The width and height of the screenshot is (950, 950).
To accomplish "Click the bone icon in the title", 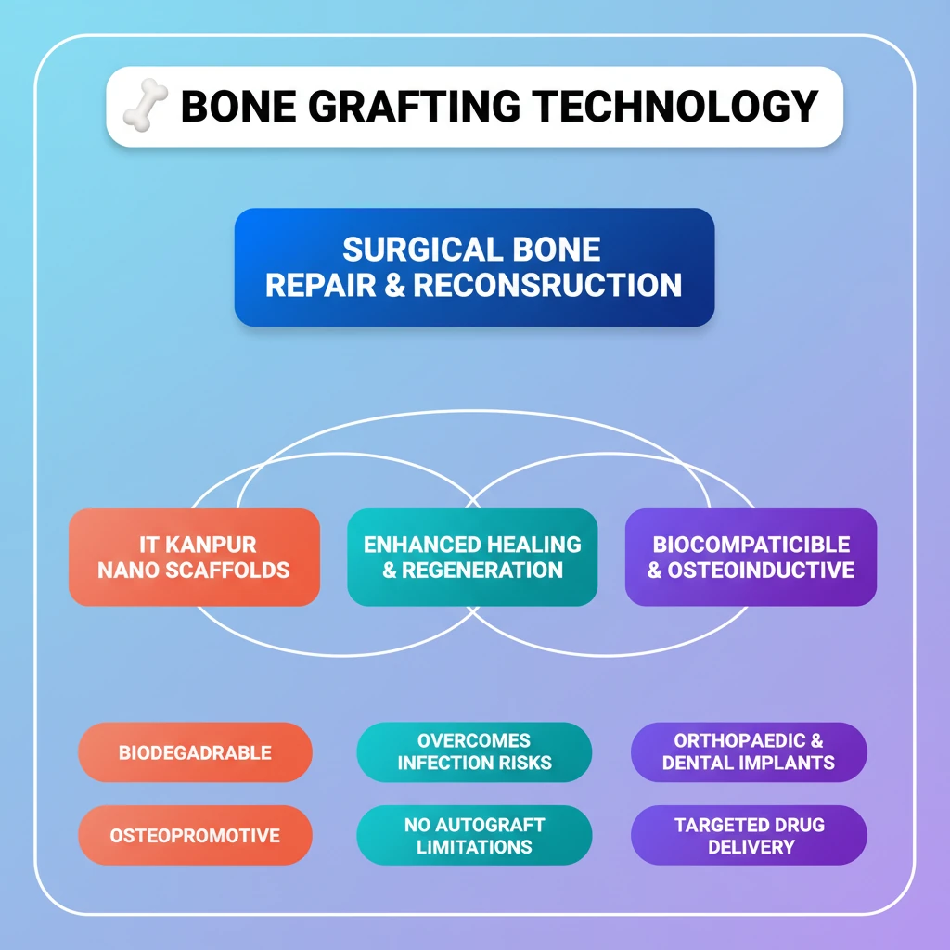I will tap(146, 105).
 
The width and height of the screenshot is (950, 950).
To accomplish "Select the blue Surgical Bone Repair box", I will tap(474, 267).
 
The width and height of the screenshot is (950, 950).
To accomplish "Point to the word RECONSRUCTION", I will tap(547, 285).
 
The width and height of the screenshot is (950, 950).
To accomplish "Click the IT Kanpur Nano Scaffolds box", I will tap(194, 557).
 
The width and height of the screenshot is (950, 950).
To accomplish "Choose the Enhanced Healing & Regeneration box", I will tap(472, 557).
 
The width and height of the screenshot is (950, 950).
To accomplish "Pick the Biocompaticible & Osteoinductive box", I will tap(751, 557).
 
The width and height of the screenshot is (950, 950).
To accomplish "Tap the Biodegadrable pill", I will tap(195, 752).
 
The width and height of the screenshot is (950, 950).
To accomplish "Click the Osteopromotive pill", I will tap(195, 835).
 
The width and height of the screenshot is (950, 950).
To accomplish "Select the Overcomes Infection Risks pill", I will tap(474, 752).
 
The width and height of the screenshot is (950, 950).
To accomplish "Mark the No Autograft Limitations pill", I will tap(474, 835).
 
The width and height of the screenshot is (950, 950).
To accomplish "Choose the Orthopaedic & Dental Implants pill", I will tap(749, 752).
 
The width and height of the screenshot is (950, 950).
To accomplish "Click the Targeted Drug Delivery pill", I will tap(749, 835).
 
